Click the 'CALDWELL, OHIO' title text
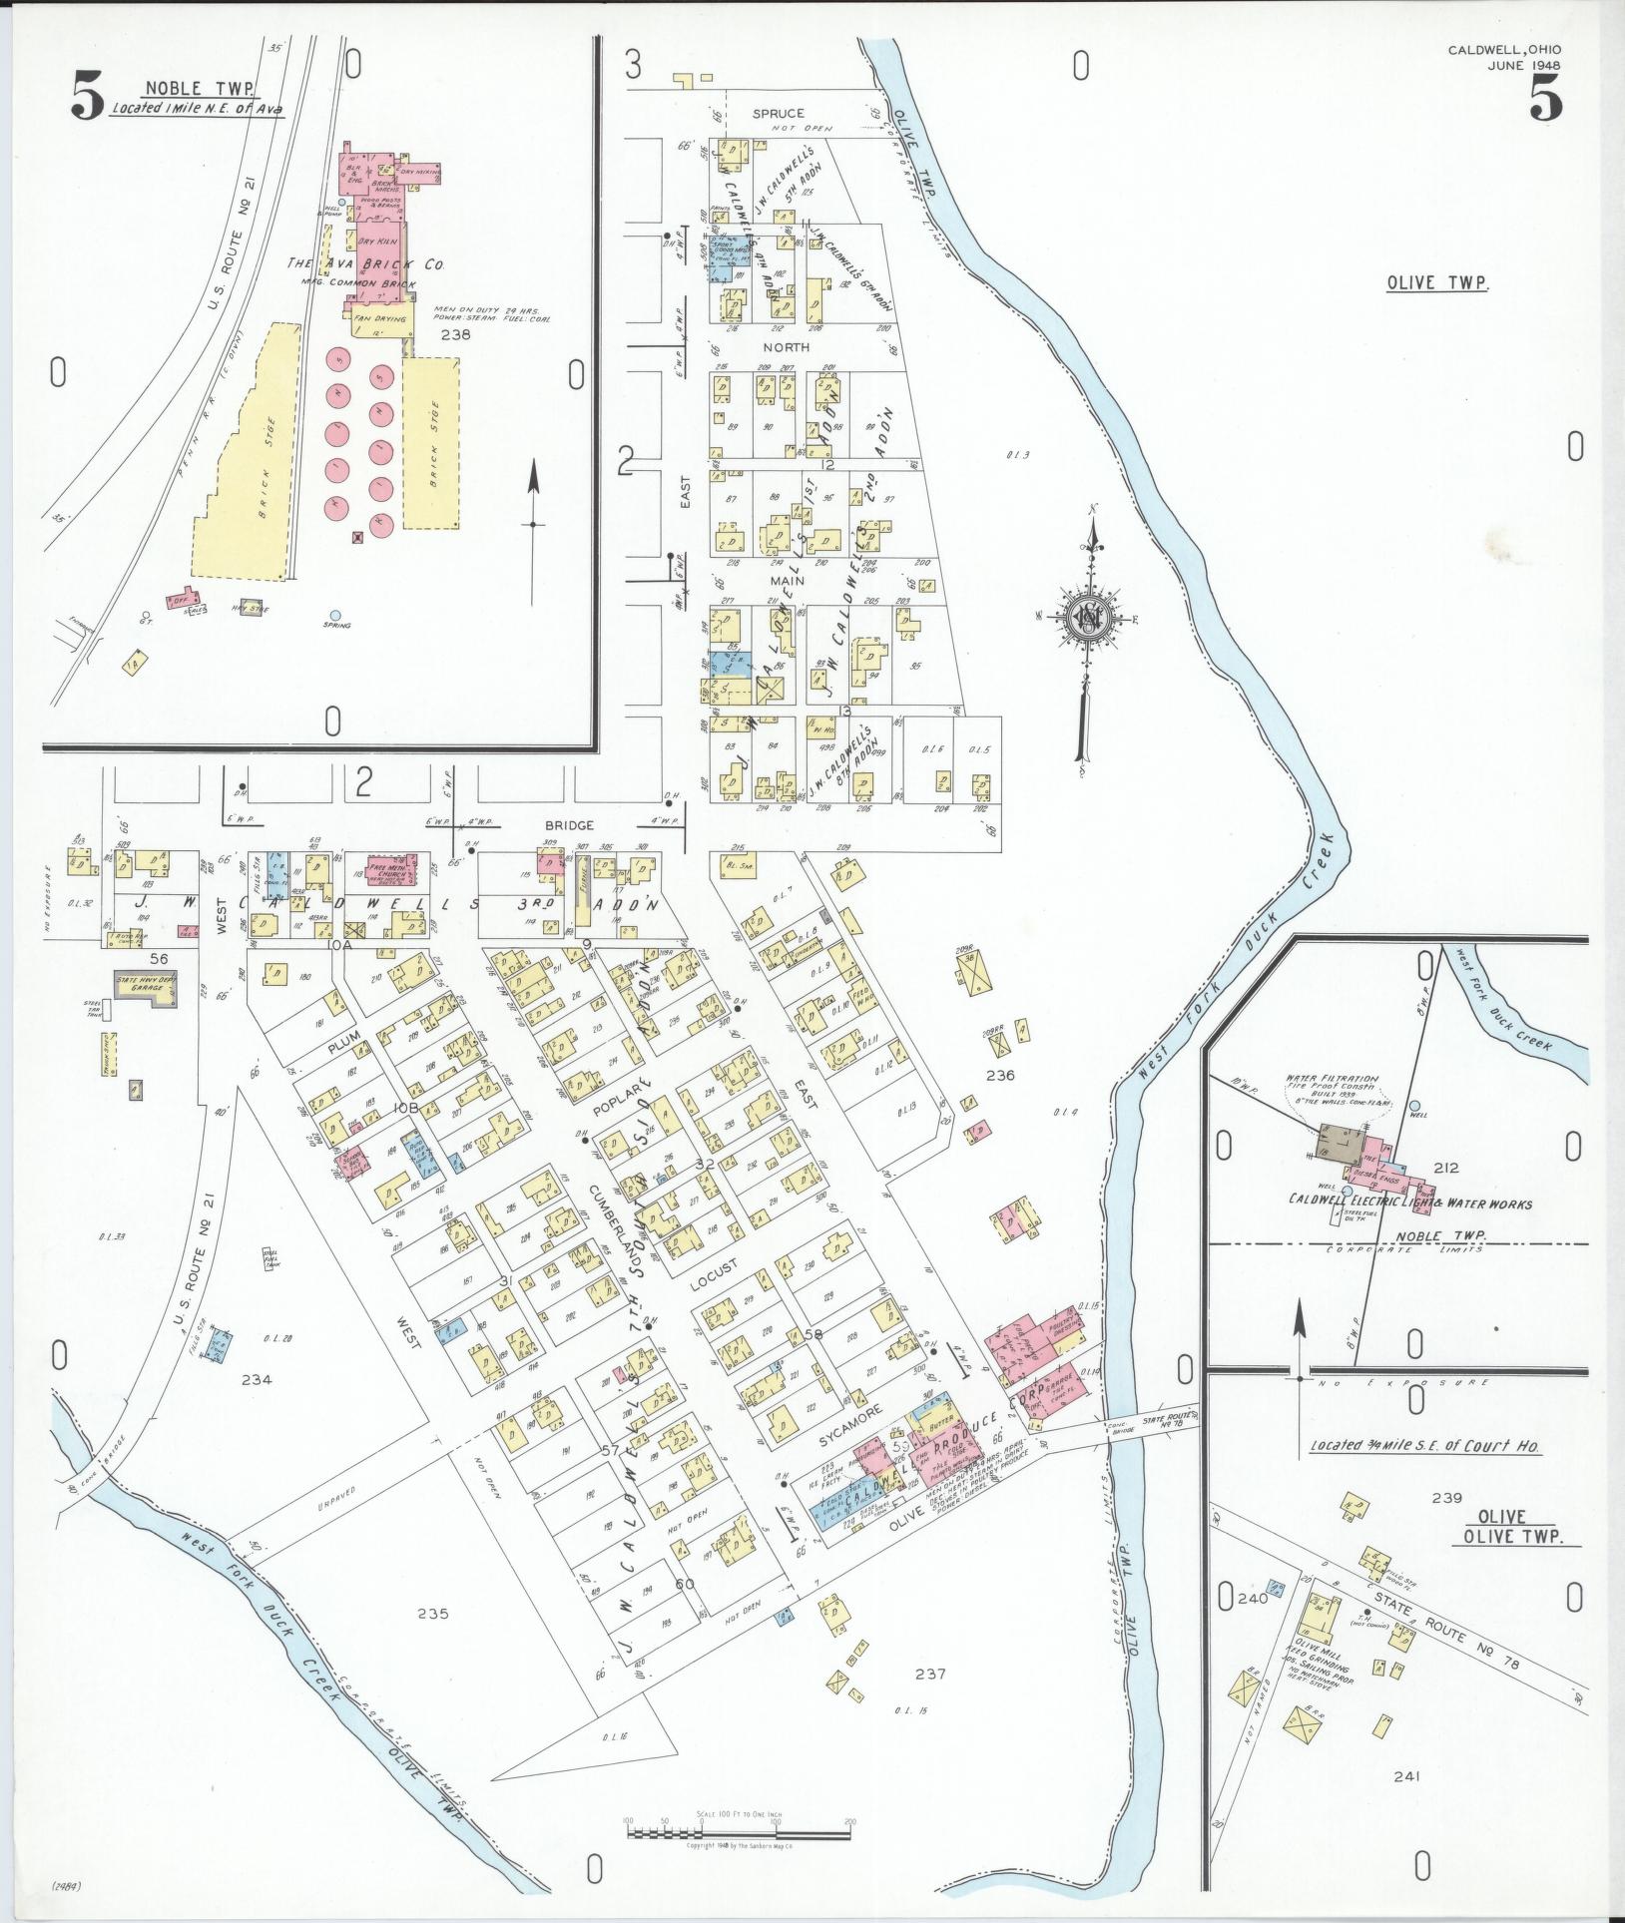pyautogui.click(x=1505, y=50)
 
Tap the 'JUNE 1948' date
pyautogui.click(x=1524, y=67)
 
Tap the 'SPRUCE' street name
pyautogui.click(x=778, y=114)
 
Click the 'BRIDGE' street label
pyautogui.click(x=569, y=825)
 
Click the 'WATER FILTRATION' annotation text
pyautogui.click(x=1332, y=1079)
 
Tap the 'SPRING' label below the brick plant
pyautogui.click(x=334, y=626)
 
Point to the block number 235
pyautogui.click(x=433, y=1613)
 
